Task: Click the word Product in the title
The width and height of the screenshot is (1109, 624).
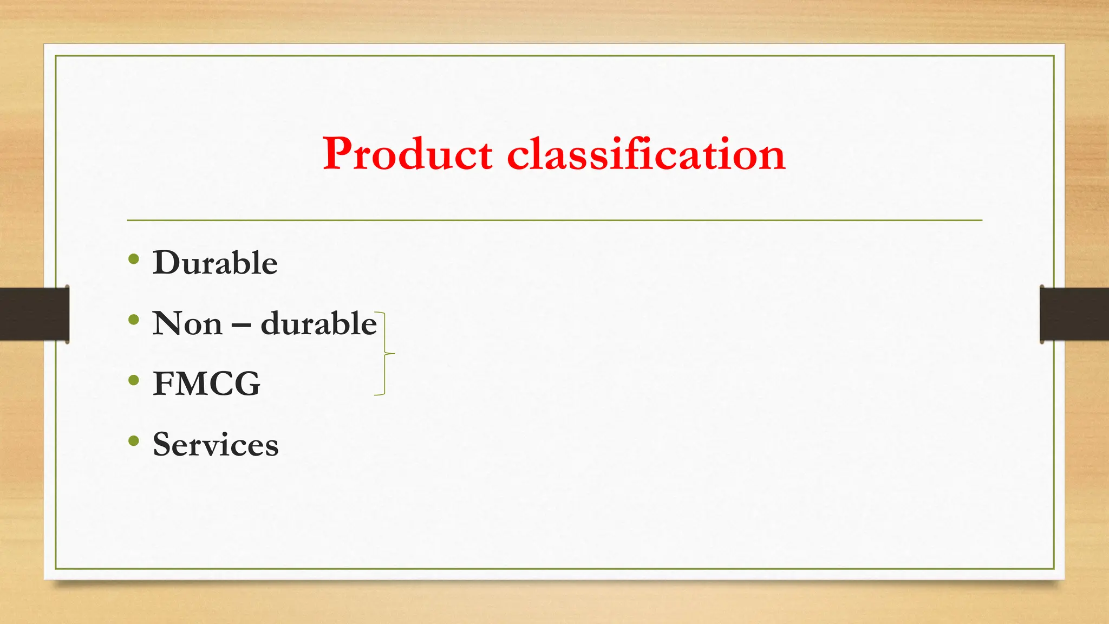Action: pos(407,154)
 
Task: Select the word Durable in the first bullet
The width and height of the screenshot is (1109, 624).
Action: pos(215,263)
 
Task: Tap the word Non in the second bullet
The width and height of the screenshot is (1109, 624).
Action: pos(187,324)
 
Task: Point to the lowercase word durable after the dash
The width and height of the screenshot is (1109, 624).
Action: pos(318,324)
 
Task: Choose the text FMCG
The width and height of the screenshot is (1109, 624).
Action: pos(206,384)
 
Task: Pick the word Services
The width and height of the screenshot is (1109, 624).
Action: pos(216,445)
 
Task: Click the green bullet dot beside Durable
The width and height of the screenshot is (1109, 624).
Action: pos(134,259)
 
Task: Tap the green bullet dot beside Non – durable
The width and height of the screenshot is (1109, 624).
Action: pos(134,320)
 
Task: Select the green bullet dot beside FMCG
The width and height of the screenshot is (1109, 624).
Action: pos(134,380)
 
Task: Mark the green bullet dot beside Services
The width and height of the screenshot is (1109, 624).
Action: pos(134,441)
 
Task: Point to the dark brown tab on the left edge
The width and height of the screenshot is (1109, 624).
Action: pos(34,314)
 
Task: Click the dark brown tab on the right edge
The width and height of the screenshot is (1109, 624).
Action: pos(1074,314)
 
